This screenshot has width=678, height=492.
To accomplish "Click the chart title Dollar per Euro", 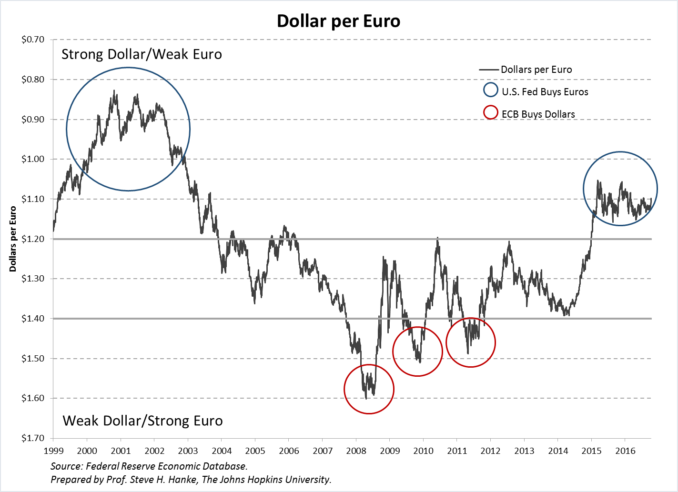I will click(x=338, y=21).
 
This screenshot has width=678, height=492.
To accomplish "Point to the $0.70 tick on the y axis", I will click(x=33, y=40).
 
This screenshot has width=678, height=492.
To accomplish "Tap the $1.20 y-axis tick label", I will click(x=33, y=239).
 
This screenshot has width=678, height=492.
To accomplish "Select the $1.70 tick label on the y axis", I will click(x=33, y=438).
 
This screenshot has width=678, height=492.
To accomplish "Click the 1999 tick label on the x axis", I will click(x=53, y=451).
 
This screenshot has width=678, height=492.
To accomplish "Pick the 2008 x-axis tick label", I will click(x=356, y=451).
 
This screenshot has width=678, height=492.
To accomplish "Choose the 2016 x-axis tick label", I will click(x=625, y=451).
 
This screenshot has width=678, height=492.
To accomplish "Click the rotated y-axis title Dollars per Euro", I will click(x=13, y=239).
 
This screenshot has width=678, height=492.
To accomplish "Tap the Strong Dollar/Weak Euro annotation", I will click(x=142, y=54).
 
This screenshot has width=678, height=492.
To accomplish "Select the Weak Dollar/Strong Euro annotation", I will click(x=142, y=421).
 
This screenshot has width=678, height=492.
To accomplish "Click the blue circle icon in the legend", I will click(x=490, y=90).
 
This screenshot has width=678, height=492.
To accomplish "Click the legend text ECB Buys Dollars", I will click(x=538, y=114).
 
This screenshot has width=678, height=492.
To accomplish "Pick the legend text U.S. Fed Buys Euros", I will click(x=545, y=92).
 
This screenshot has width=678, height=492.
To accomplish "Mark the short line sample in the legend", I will click(x=489, y=70).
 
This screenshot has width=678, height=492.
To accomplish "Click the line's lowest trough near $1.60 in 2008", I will click(x=366, y=398).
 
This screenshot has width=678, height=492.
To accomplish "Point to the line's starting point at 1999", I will click(x=53, y=231).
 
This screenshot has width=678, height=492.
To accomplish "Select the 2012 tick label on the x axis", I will click(x=491, y=451).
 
